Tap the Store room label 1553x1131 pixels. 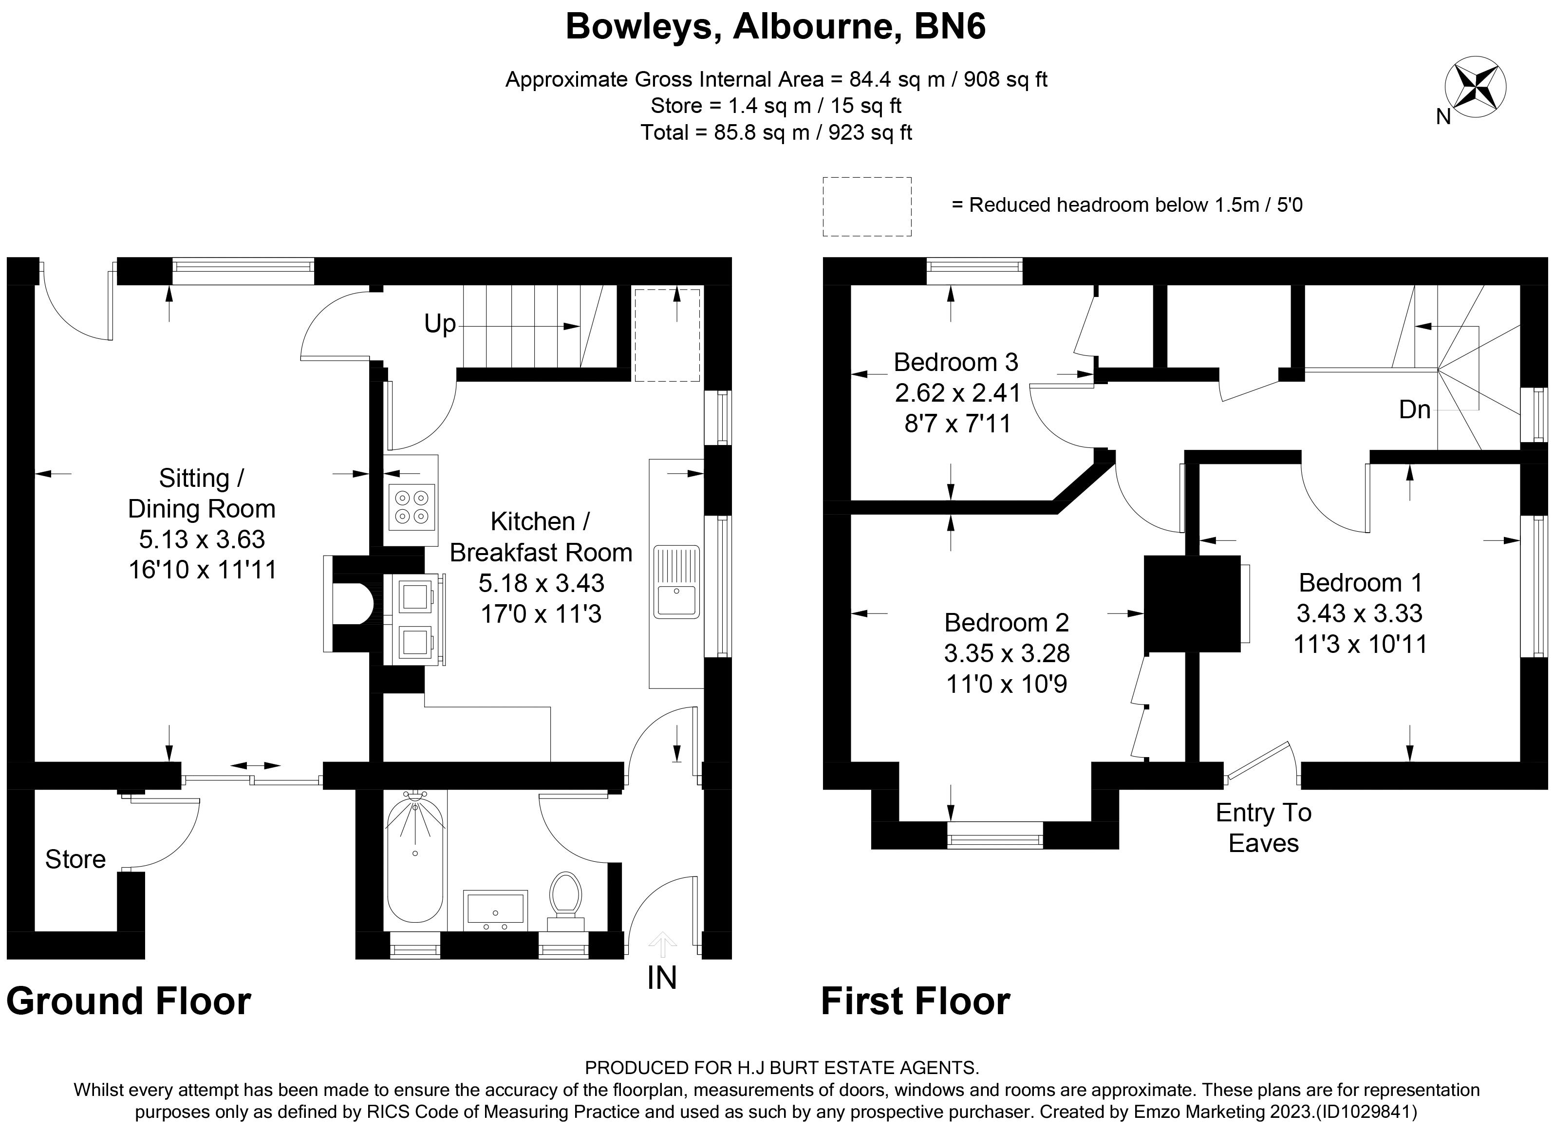click(75, 859)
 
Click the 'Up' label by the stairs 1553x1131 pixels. click(440, 323)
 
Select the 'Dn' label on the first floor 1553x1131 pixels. click(1414, 409)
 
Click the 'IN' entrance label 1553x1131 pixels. click(661, 978)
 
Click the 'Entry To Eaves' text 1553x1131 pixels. click(1263, 827)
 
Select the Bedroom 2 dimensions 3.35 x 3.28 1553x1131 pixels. click(1007, 653)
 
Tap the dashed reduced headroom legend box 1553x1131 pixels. click(867, 207)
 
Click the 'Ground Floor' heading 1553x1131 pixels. click(129, 1001)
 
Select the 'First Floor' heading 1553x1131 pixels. click(915, 1001)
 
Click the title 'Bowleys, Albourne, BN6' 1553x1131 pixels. click(776, 27)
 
